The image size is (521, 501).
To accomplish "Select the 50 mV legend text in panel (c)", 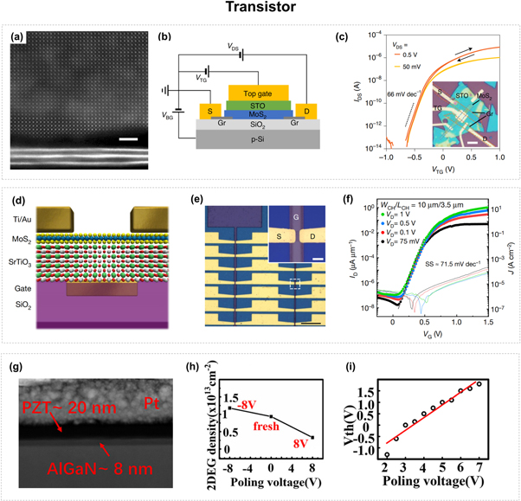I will (x=408, y=65).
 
